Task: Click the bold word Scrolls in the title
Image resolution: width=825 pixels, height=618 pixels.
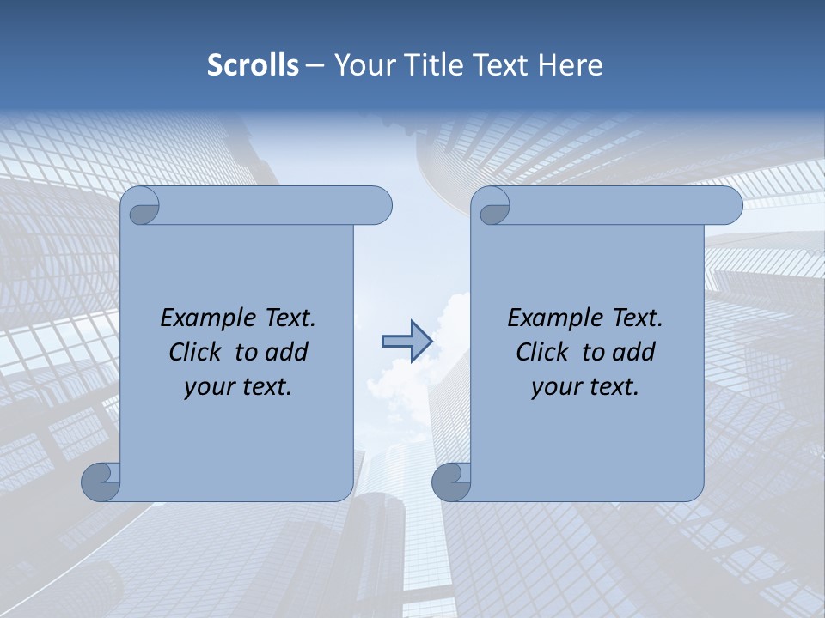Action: [253, 65]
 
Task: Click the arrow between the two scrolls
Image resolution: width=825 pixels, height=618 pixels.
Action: [406, 341]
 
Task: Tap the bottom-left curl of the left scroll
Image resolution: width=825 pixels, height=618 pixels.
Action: [100, 481]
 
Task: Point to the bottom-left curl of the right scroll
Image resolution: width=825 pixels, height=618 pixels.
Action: [450, 481]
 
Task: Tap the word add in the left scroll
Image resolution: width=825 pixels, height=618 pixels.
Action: [288, 352]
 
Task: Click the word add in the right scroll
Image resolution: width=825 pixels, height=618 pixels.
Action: [635, 352]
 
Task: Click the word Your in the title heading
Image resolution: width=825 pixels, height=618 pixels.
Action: [360, 65]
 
